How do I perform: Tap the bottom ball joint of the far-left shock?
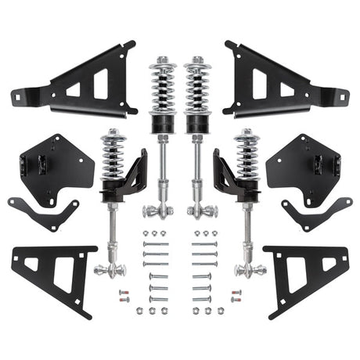click(110, 271)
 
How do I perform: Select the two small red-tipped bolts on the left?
click(123, 297)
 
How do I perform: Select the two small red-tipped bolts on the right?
click(237, 297)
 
